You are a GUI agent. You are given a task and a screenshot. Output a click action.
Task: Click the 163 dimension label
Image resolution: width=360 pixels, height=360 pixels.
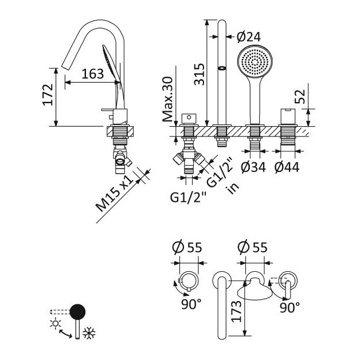pos(93,74)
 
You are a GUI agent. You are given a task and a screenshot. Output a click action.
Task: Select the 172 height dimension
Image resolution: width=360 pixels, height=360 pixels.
pos(48,95)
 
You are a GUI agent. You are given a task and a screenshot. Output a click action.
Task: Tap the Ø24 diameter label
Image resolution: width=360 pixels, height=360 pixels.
pos(249,37)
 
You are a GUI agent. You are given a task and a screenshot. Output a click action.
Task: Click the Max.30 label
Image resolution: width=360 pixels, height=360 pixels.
pos(167,99)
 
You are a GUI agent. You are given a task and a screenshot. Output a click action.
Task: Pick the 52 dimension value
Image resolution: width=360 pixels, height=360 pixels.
pos(300,96)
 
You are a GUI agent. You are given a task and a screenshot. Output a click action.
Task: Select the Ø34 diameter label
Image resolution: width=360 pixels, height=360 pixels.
pos(253,167)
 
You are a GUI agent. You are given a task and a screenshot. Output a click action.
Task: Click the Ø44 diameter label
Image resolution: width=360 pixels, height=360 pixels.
pos(287,167)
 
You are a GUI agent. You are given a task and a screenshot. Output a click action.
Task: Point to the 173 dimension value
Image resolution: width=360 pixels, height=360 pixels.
pos(237,311)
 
